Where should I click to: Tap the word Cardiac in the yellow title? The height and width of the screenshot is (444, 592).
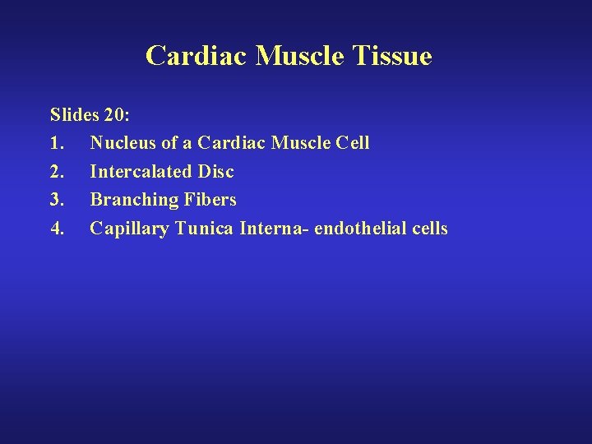point(197,56)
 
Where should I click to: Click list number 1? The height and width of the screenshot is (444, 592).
point(56,143)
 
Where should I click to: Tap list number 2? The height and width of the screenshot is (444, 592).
point(56,172)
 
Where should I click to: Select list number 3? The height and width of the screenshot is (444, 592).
point(56,200)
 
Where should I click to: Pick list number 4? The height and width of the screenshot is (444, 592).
point(56,229)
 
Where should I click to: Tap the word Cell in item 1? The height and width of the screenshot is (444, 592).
point(354,143)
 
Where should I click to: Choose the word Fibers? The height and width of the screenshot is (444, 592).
point(208,200)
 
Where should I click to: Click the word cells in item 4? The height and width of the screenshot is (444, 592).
point(430,229)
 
